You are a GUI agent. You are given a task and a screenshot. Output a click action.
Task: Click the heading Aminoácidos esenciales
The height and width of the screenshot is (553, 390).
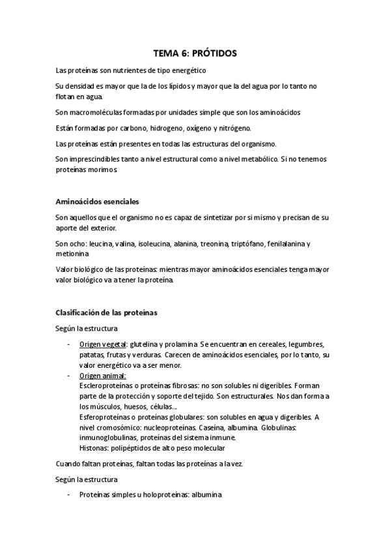pyautogui.click(x=97, y=201)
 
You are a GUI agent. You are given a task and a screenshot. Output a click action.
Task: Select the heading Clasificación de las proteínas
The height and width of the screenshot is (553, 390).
pyautogui.click(x=106, y=312)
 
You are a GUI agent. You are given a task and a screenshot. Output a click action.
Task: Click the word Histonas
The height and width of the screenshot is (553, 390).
pyautogui.click(x=95, y=449)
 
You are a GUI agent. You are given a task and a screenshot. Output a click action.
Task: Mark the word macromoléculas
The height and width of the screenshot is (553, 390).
pyautogui.click(x=98, y=112)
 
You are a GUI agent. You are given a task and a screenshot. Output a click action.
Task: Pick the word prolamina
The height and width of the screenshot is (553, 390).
pyautogui.click(x=178, y=344)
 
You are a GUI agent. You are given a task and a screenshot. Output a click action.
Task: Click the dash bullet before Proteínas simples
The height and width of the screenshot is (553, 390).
pyautogui.click(x=69, y=495)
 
